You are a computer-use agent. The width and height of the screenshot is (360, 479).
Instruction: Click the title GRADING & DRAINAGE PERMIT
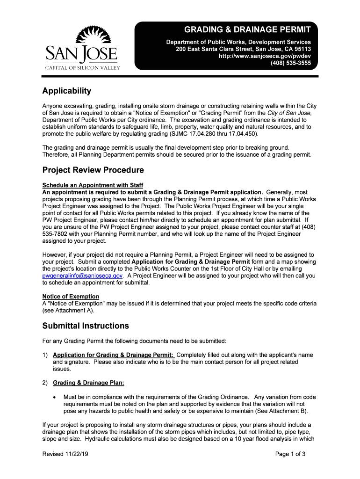pyautogui.click(x=247, y=30)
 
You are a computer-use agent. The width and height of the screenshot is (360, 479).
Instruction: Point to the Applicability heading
pyautogui.click(x=66, y=91)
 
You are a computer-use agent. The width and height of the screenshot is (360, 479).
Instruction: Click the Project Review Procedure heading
pyautogui.click(x=93, y=170)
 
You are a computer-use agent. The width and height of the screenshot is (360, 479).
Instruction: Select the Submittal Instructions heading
pyautogui.click(x=86, y=326)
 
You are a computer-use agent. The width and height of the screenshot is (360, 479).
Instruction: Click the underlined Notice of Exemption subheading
pyautogui.click(x=71, y=297)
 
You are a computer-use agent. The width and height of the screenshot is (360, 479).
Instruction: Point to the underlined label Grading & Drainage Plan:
pyautogui.click(x=88, y=383)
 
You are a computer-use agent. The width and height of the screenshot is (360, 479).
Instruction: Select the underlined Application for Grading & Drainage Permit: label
pyautogui.click(x=114, y=355)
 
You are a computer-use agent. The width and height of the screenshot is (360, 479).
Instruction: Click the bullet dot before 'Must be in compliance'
pyautogui.click(x=56, y=398)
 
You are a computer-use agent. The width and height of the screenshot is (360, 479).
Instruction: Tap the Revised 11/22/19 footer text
pyautogui.click(x=65, y=454)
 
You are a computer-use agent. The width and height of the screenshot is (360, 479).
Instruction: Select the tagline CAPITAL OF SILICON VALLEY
pyautogui.click(x=82, y=68)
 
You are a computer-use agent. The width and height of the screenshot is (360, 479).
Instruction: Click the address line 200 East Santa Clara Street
pyautogui.click(x=243, y=49)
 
